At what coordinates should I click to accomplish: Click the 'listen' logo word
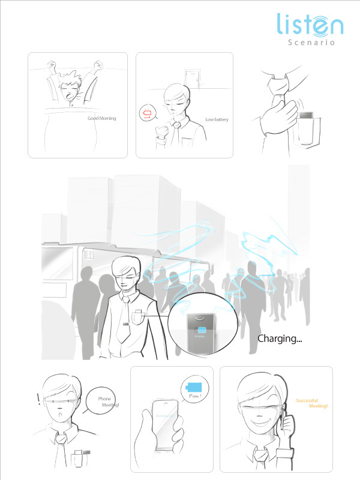pyautogui.click(x=310, y=25)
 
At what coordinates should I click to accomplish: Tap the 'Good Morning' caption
pyautogui.click(x=101, y=118)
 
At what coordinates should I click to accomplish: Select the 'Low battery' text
pyautogui.click(x=217, y=119)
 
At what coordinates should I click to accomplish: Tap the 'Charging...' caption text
pyautogui.click(x=280, y=338)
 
